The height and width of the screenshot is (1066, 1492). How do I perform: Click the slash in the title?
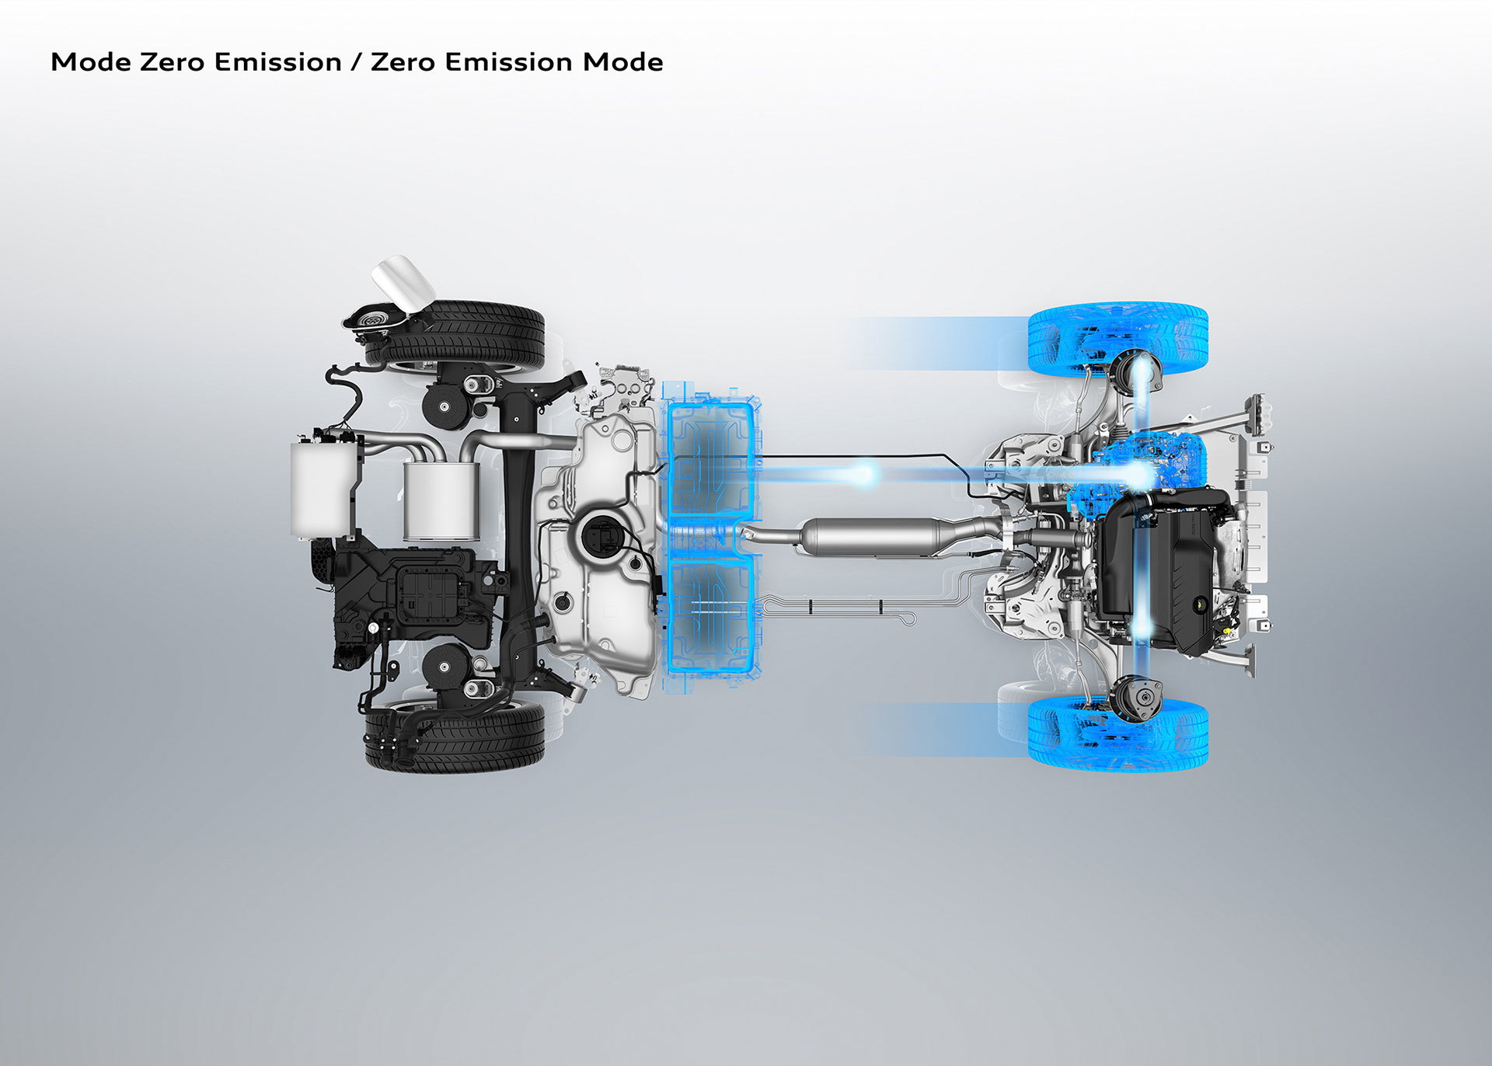(x=357, y=62)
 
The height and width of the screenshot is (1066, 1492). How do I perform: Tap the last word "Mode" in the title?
(x=623, y=62)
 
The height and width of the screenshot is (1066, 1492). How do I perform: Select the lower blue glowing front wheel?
(x=1117, y=733)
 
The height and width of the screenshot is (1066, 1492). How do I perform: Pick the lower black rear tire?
(x=455, y=737)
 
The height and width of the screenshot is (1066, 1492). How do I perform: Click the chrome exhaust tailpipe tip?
(x=403, y=281)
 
